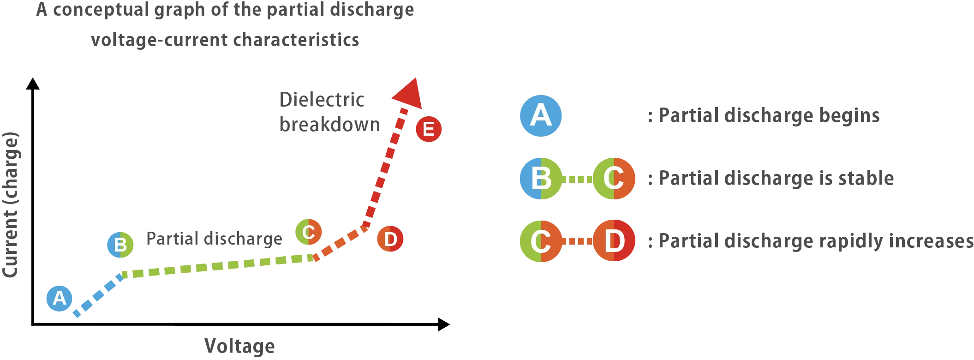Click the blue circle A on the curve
tap(60, 299)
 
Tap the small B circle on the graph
tap(120, 244)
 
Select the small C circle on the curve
tap(309, 232)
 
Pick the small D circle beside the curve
tap(390, 239)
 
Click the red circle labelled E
tap(428, 129)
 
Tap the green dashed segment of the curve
tap(217, 266)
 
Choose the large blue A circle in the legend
tap(541, 115)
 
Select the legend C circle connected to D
tap(541, 241)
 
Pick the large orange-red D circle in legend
tap(614, 241)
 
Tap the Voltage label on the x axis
tap(240, 345)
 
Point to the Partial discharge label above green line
tap(214, 239)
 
